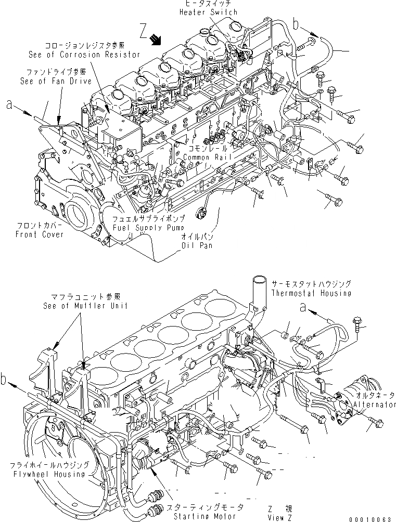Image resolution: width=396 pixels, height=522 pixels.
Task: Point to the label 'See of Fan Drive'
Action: (x=56, y=81)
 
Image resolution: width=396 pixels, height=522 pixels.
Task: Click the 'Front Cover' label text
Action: (x=40, y=234)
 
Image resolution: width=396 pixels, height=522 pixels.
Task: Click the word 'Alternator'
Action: (x=374, y=404)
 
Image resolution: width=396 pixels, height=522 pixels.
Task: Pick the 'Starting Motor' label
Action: (x=195, y=516)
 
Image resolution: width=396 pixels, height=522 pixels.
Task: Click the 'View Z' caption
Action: (x=278, y=517)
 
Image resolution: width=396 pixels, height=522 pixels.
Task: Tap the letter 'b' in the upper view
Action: (x=295, y=24)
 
